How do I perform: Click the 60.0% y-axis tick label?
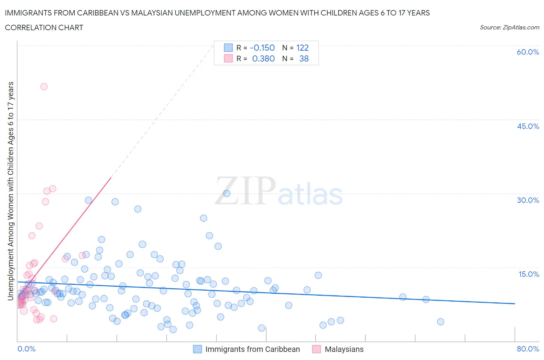[x=528, y=52]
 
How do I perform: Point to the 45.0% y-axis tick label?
[x=528, y=126]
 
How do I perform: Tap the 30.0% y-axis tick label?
[x=528, y=200]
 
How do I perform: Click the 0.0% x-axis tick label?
[x=26, y=349]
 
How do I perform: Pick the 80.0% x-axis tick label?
[x=528, y=349]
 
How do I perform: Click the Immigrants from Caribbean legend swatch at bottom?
[x=197, y=349]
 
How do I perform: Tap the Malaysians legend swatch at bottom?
[x=316, y=349]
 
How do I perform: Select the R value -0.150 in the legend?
[x=262, y=48]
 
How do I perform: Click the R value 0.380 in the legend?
[x=263, y=58]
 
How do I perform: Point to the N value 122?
[x=302, y=48]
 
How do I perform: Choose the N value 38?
[x=304, y=58]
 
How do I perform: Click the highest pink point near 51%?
[x=44, y=87]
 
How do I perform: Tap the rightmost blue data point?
[x=440, y=322]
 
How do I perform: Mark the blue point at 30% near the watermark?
[x=227, y=194]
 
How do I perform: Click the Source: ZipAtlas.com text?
[x=509, y=27]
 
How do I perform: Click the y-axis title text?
[x=10, y=191]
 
